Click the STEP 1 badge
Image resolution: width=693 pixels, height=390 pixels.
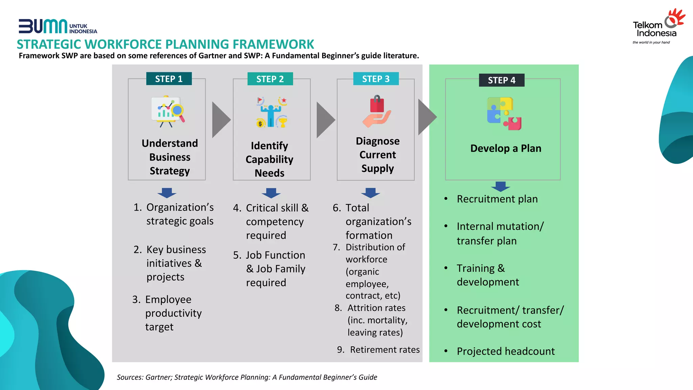(x=169, y=79)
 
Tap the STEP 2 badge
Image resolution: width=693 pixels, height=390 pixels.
(x=270, y=79)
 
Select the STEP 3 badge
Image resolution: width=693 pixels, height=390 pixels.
(x=376, y=79)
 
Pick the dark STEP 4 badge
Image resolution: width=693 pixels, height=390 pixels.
(x=501, y=80)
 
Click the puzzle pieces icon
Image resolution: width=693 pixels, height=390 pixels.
(x=504, y=113)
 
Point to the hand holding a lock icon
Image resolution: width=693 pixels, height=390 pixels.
(x=377, y=111)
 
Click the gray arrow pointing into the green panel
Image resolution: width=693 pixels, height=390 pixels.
(x=427, y=117)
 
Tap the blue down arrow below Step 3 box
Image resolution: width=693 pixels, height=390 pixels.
(x=371, y=193)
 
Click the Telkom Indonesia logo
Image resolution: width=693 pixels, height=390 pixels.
(x=658, y=27)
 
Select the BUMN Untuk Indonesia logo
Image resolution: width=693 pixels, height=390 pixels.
(x=58, y=26)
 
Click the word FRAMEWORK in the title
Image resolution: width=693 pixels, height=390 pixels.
(x=273, y=44)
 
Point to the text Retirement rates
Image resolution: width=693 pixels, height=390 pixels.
(x=385, y=350)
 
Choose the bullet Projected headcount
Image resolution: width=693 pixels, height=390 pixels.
(x=506, y=351)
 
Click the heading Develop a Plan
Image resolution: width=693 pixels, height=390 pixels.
(x=506, y=148)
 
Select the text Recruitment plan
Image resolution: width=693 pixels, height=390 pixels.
(x=497, y=199)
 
